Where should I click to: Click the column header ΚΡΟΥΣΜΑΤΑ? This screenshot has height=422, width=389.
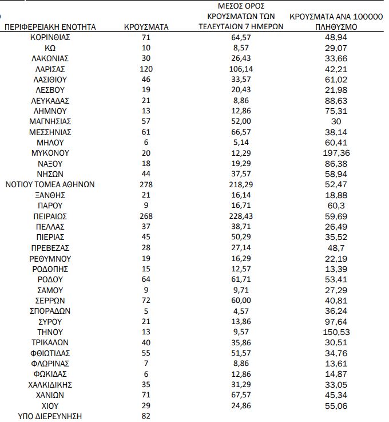(x=146, y=27)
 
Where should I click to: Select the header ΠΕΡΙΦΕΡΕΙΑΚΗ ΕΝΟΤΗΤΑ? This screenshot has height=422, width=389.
(x=50, y=27)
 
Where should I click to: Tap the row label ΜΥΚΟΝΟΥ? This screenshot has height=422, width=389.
(x=50, y=153)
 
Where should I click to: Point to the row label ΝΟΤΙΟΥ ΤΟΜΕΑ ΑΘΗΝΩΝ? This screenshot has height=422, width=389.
(x=50, y=184)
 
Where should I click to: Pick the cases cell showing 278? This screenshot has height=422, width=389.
(x=146, y=184)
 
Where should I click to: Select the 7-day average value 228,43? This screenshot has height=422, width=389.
(x=241, y=216)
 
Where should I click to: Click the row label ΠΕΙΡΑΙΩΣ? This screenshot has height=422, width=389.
(x=50, y=216)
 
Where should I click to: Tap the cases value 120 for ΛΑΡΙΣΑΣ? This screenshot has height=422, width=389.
(x=146, y=69)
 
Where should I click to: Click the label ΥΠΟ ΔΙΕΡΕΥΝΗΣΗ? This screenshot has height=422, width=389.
(x=50, y=416)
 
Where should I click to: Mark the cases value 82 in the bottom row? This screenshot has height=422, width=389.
(x=146, y=416)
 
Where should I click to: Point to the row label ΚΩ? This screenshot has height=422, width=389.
(x=50, y=48)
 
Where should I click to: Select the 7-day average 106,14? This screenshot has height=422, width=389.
(x=241, y=69)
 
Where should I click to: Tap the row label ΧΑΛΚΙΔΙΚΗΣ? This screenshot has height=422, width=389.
(x=50, y=385)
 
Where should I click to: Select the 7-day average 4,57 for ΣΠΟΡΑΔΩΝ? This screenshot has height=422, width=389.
(x=241, y=311)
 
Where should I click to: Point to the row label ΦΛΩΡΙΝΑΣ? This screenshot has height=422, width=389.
(x=50, y=364)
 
